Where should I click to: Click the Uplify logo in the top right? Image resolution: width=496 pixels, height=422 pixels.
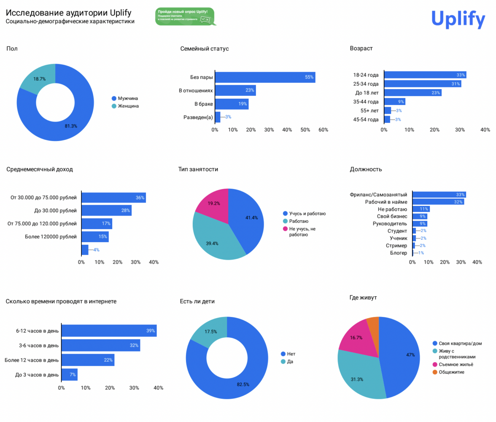coord(458,19)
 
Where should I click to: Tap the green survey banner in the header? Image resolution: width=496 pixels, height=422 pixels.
coord(184,16)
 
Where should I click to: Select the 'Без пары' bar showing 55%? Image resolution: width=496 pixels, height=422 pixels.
coord(265,77)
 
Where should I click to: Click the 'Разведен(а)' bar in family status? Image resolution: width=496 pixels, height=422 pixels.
coord(218,117)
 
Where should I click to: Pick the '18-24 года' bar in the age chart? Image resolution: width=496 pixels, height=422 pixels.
coord(425,75)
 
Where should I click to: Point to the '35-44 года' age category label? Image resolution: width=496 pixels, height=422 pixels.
coord(366,102)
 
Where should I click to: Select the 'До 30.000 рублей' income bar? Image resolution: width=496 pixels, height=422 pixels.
coord(106,210)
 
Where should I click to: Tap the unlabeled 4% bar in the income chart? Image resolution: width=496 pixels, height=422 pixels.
coord(85,250)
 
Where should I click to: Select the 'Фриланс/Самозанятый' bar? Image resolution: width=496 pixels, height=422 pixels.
coord(439,195)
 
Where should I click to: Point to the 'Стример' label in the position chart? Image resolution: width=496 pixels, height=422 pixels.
coord(396,245)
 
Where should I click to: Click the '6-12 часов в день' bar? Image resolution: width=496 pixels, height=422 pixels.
coord(109,330)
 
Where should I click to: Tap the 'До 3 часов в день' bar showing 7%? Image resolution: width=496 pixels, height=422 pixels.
coord(70,374)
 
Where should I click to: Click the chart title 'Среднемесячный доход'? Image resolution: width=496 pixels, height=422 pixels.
coord(40,169)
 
